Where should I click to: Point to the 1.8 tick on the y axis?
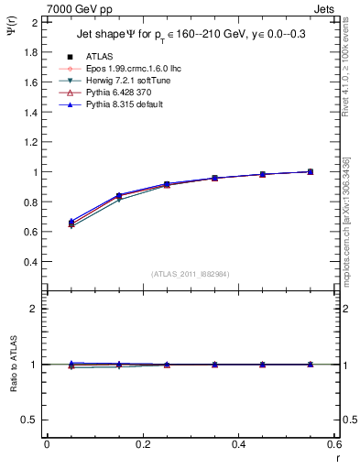coord(30,52)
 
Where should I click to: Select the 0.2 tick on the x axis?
coord(143,444)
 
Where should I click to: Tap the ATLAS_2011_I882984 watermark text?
coord(191,274)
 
